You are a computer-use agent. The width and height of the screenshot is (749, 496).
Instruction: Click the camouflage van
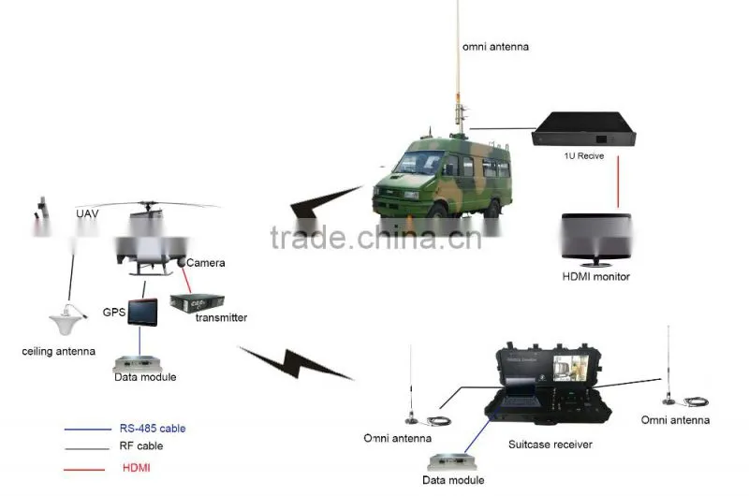[442, 181]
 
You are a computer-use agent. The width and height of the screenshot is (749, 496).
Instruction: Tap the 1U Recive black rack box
[583, 130]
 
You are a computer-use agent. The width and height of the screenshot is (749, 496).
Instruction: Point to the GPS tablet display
[142, 313]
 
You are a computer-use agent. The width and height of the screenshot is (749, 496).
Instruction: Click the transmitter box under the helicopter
[197, 303]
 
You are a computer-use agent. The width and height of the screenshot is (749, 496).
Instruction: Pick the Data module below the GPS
[137, 364]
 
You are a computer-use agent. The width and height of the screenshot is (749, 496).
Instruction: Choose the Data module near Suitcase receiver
[452, 462]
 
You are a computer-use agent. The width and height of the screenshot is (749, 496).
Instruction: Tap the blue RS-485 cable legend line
[87, 430]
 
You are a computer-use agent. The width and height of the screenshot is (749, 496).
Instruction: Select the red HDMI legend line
[84, 470]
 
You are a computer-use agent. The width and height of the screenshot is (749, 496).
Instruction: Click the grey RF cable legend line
[87, 448]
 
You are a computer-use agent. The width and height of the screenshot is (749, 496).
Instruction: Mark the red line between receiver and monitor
[618, 182]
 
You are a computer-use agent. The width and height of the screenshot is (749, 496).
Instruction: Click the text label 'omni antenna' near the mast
[495, 47]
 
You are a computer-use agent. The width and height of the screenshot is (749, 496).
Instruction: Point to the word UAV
[87, 213]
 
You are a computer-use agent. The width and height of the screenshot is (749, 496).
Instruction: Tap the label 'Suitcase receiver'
[551, 445]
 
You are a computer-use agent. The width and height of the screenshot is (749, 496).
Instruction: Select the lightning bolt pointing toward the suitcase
[296, 363]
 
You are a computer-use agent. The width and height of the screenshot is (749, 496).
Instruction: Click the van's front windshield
[419, 162]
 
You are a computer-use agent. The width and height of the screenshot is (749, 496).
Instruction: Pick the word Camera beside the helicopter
[205, 263]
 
